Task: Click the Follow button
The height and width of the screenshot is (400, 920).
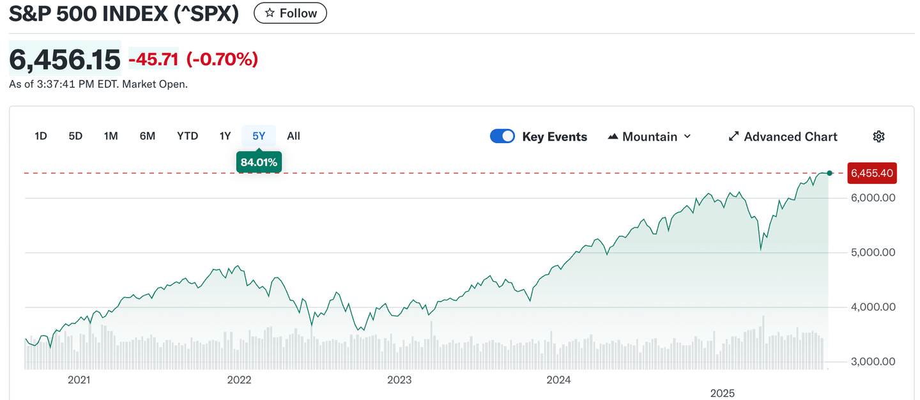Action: (x=290, y=13)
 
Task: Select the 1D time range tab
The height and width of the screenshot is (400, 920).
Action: (x=41, y=136)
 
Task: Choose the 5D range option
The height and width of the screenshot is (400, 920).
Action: (x=75, y=136)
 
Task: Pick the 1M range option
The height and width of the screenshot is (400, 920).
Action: (x=111, y=136)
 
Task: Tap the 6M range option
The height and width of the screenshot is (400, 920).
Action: (x=148, y=136)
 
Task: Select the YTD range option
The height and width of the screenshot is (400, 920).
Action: (x=187, y=136)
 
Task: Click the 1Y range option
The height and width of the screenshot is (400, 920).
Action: (x=225, y=136)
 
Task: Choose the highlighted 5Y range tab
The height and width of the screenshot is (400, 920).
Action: (x=259, y=136)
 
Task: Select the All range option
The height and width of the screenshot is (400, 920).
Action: (x=293, y=136)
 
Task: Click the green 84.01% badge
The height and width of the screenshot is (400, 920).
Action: (x=259, y=162)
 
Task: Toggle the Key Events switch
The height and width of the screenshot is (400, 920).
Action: (x=502, y=136)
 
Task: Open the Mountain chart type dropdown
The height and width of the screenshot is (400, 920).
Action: (x=649, y=137)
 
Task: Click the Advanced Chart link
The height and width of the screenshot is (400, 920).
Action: (x=783, y=137)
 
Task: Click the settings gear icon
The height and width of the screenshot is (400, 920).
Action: (x=878, y=136)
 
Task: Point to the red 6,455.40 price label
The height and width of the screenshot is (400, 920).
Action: (x=871, y=173)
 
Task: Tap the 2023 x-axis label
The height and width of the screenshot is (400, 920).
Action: (x=399, y=380)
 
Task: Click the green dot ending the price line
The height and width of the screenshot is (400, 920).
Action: (x=829, y=173)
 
